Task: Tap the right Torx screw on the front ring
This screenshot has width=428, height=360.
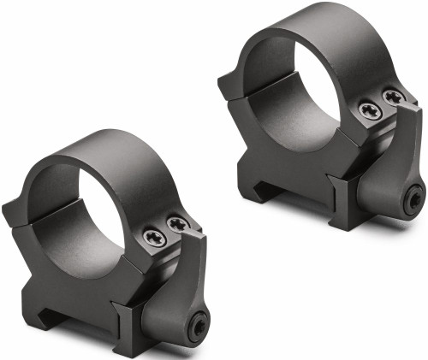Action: click(177, 225)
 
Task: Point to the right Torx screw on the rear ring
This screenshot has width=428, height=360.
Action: click(392, 97)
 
